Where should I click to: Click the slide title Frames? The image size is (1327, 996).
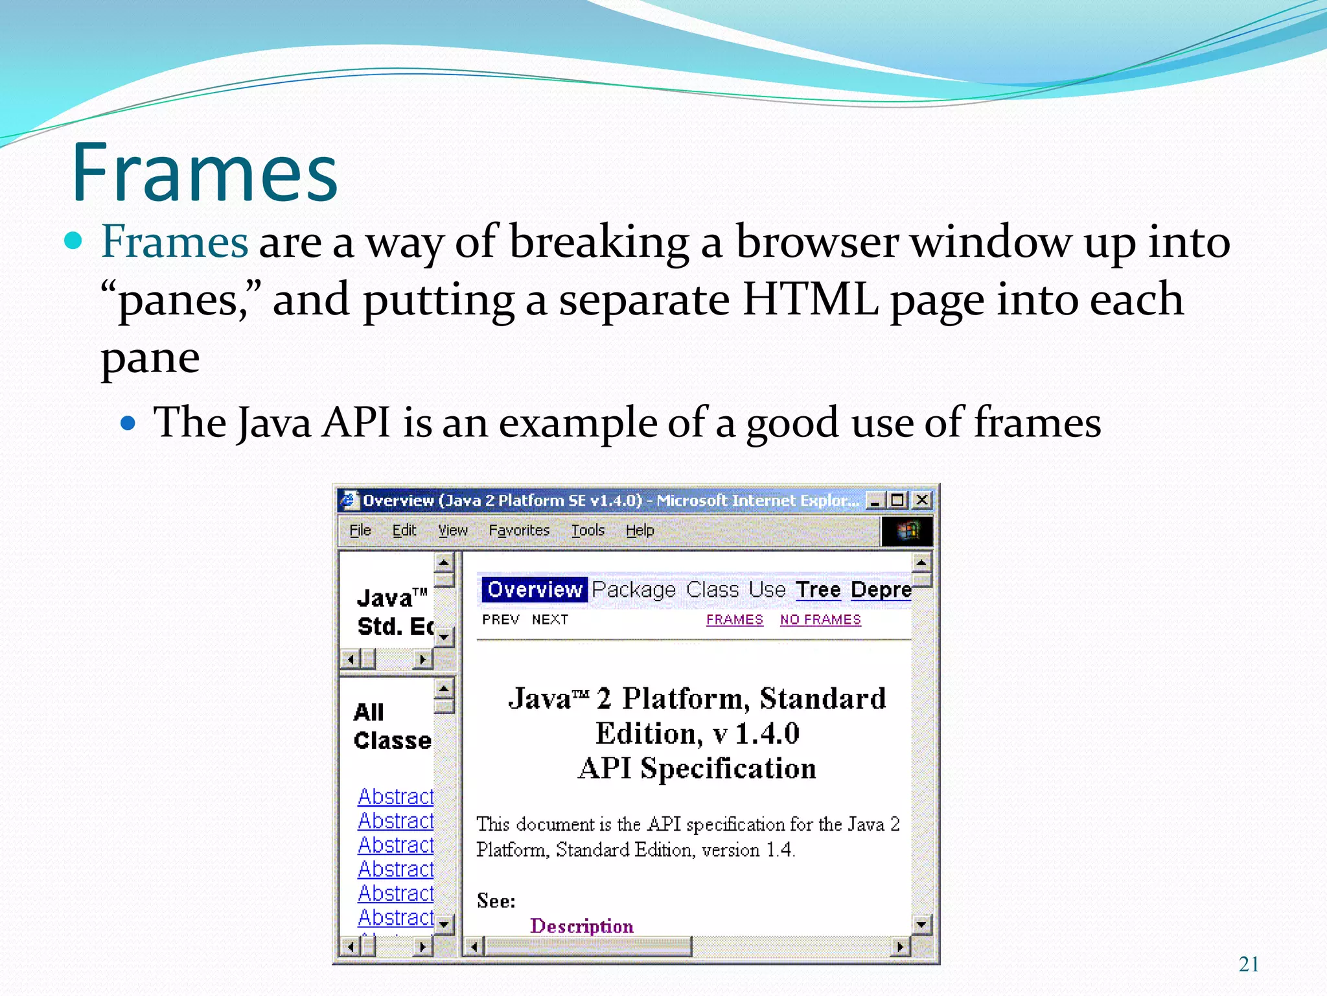205,173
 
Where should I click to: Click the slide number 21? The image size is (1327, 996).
1249,964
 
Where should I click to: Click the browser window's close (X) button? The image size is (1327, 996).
921,500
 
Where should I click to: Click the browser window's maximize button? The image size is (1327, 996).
897,500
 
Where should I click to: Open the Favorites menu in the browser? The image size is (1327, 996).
519,530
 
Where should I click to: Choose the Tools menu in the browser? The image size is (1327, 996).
588,530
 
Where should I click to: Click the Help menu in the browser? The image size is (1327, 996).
640,530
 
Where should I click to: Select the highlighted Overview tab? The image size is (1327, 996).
535,590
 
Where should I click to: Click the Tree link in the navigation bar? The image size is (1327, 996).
818,590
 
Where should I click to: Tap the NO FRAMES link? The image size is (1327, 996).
820,620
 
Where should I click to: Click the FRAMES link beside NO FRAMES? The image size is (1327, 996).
735,620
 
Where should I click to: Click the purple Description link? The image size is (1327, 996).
582,926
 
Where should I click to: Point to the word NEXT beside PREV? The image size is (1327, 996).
550,620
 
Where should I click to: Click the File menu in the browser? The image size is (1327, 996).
360,530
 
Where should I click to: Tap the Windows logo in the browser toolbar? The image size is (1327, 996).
907,531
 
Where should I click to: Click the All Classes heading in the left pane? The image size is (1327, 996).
391,726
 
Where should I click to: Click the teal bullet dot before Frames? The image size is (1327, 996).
74,241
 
